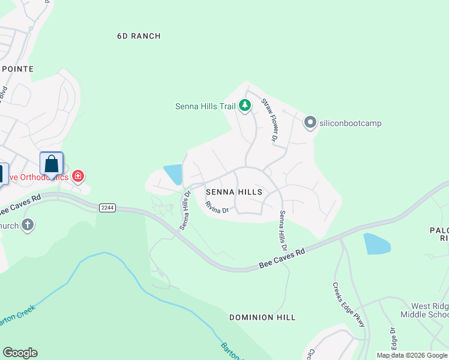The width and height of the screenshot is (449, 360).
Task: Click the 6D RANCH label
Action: [139, 36]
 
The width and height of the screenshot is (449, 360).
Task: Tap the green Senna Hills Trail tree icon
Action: [245, 106]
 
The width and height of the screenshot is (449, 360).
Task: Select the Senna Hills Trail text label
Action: [205, 107]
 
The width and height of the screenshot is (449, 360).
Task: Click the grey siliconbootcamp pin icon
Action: [310, 123]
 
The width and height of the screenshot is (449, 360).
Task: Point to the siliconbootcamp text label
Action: [351, 124]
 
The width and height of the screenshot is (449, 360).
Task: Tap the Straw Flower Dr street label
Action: [270, 121]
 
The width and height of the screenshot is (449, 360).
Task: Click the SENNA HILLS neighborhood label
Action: [234, 192]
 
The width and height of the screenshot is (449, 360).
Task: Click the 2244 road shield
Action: [107, 208]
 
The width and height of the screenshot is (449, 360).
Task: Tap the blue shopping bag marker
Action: [52, 164]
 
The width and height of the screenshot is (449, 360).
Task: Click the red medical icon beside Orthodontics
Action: [77, 176]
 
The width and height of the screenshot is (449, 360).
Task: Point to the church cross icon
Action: [27, 226]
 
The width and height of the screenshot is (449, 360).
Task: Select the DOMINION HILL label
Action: [262, 317]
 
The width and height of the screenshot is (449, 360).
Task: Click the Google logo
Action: [20, 353]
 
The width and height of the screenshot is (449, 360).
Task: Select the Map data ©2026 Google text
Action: [411, 355]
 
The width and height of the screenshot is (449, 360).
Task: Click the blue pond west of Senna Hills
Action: [173, 174]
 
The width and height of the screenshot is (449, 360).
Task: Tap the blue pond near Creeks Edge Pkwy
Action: [377, 244]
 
